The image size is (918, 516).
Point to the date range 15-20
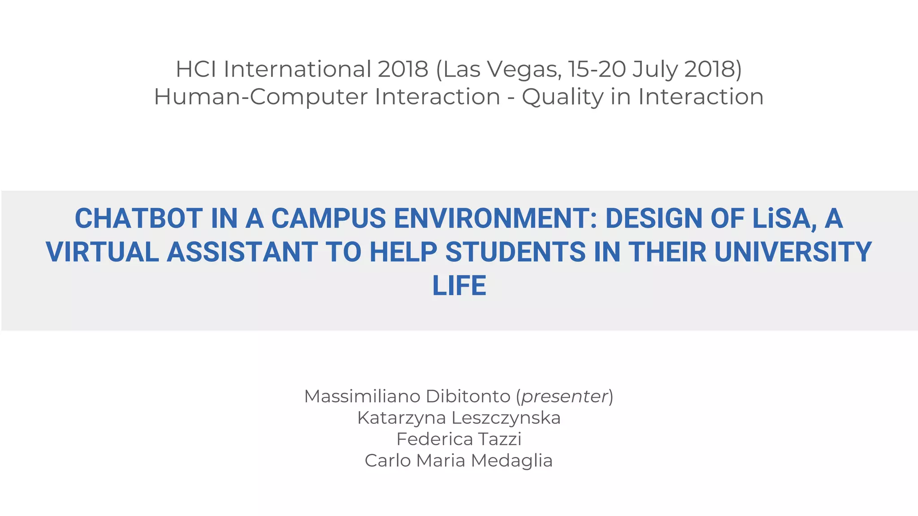pos(597,69)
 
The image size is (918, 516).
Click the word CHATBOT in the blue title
pos(139,219)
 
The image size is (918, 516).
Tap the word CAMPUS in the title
pos(328,219)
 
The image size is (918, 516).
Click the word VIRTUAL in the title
pos(103,252)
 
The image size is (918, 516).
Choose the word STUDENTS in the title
pos(515,252)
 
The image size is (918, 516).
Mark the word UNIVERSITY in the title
pos(792,252)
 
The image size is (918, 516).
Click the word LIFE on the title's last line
pos(459,286)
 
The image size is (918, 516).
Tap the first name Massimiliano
pos(362,396)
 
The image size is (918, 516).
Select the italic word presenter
pos(564,396)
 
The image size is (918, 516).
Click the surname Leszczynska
pos(506,418)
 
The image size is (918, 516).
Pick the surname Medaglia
pos(511,461)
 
